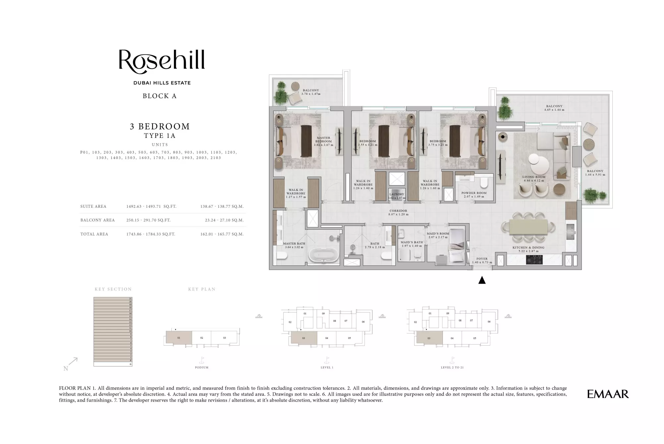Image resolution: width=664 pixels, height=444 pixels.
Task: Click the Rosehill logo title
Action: coord(162,61)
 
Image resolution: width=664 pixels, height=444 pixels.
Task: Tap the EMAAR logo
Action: coord(608,394)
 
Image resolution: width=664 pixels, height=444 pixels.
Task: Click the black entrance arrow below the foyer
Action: coord(482,280)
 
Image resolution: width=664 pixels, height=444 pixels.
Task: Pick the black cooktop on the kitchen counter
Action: coord(534,259)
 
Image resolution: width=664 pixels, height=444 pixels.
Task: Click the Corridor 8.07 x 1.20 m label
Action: coord(398,212)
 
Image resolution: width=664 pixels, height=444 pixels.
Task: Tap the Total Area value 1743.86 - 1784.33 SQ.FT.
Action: coord(151,234)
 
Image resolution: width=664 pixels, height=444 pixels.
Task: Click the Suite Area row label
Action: coord(93,206)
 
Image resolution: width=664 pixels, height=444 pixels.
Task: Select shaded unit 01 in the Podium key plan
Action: coord(179,338)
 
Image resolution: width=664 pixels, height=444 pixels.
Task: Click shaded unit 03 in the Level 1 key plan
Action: coord(304,338)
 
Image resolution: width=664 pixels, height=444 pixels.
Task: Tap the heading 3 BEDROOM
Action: coord(160,126)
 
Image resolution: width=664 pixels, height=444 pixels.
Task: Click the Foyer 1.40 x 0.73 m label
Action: coord(482,260)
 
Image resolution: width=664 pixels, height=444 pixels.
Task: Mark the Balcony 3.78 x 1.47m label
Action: coord(310,92)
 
